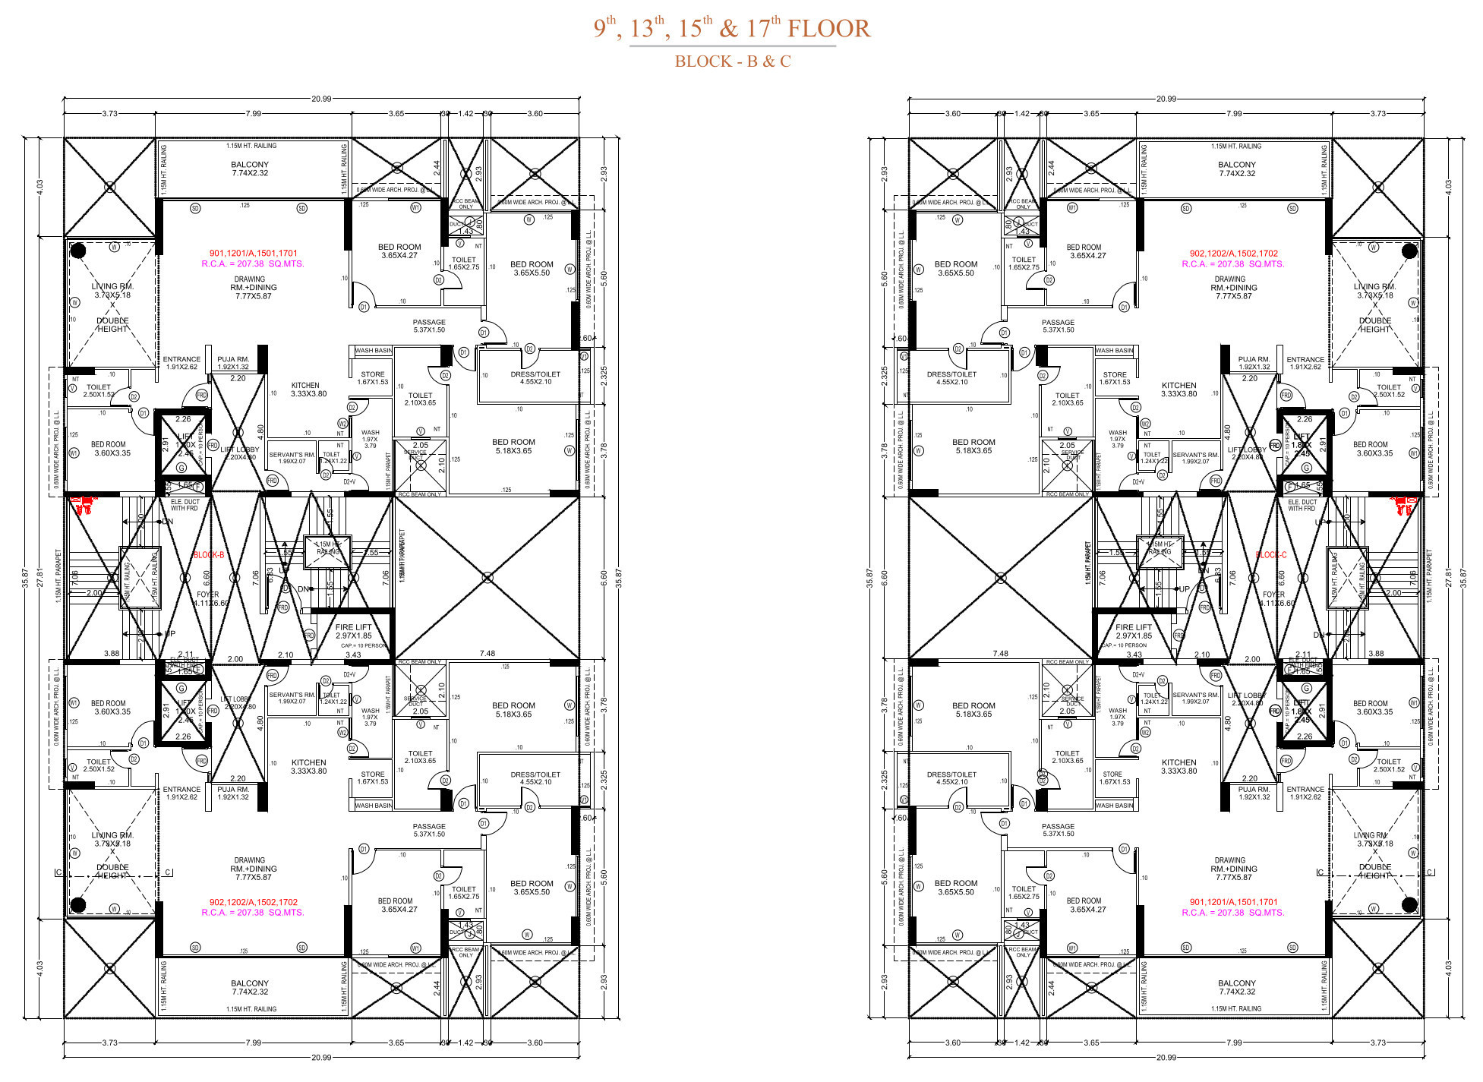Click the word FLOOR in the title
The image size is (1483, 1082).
828,29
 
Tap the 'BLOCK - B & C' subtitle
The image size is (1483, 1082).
733,62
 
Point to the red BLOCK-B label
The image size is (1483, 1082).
208,555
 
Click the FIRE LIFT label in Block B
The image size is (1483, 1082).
354,627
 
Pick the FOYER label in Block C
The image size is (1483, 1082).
1273,595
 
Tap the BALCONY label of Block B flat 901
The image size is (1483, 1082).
250,165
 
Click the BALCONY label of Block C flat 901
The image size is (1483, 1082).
1237,983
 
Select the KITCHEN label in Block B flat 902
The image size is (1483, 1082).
308,762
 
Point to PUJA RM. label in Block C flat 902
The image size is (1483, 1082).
1254,359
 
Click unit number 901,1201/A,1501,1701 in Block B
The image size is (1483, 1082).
254,254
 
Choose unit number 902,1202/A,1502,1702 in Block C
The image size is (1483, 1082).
1233,254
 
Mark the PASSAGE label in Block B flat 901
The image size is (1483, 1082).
429,322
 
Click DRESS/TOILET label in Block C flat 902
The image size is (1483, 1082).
951,374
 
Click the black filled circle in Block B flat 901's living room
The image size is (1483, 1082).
77,250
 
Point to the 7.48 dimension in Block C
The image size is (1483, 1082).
1000,653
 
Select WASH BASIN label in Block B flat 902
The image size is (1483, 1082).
373,806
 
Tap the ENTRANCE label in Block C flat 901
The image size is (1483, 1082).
1305,790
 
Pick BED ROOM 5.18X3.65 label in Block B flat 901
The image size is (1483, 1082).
513,442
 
